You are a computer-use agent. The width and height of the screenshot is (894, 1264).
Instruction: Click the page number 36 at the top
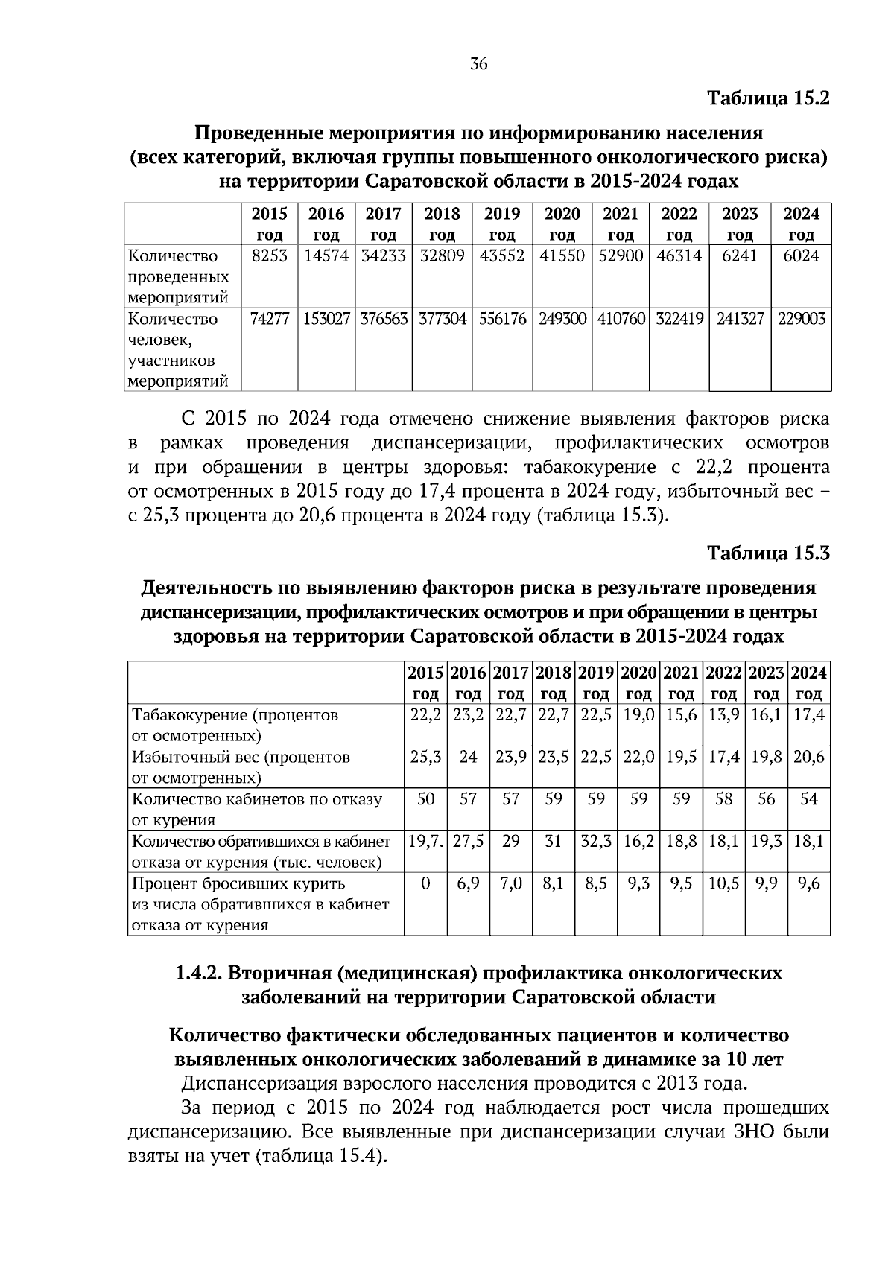pyautogui.click(x=478, y=65)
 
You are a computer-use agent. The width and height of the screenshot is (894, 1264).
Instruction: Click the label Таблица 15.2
pyautogui.click(x=767, y=98)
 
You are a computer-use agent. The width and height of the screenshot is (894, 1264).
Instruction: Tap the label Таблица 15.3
pyautogui.click(x=767, y=553)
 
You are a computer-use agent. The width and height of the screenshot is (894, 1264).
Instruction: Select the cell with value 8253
pyautogui.click(x=270, y=256)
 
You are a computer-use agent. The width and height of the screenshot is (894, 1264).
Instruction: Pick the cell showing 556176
pyautogui.click(x=502, y=320)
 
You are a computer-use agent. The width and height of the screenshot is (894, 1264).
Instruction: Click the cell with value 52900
pyautogui.click(x=621, y=256)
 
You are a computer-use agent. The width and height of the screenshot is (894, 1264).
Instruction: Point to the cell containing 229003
pyautogui.click(x=802, y=320)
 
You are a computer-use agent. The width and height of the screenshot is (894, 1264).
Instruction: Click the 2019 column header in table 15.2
pyautogui.click(x=502, y=224)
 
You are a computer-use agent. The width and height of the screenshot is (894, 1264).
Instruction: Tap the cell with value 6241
pyautogui.click(x=739, y=256)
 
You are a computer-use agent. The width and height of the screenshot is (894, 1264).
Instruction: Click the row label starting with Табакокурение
pyautogui.click(x=235, y=725)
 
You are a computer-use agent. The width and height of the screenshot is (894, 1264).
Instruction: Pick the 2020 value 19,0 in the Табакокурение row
pyautogui.click(x=638, y=715)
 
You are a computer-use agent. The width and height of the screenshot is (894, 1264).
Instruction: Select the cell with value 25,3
pyautogui.click(x=425, y=758)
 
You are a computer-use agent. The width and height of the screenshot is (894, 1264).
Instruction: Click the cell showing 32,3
pyautogui.click(x=596, y=842)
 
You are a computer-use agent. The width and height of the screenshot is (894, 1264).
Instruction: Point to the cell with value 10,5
pyautogui.click(x=723, y=883)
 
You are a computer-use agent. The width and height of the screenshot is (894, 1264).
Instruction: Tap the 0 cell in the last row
pyautogui.click(x=425, y=883)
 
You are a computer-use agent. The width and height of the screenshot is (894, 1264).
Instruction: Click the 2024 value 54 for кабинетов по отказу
pyautogui.click(x=808, y=799)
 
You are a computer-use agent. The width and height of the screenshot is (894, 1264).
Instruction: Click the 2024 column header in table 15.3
pyautogui.click(x=808, y=683)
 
